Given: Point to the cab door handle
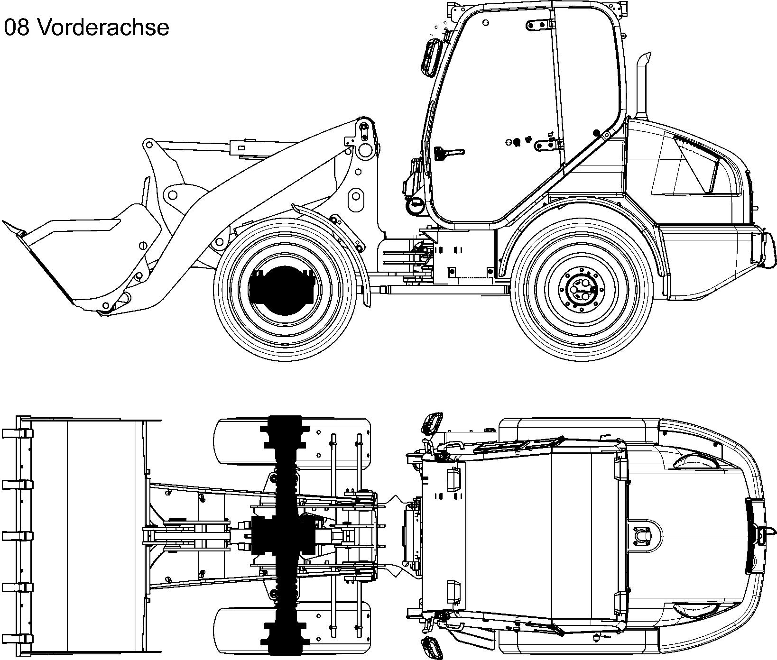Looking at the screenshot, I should click(x=448, y=153).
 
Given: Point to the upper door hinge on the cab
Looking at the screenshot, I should click(x=541, y=25).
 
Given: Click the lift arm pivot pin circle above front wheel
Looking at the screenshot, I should click(x=366, y=150).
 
